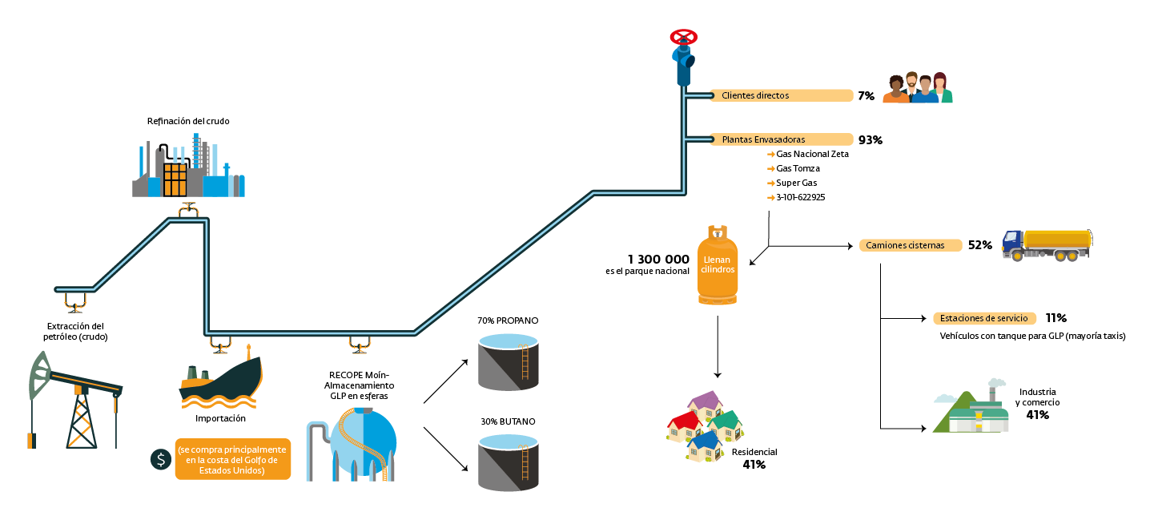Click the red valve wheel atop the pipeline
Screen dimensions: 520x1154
(x=683, y=37)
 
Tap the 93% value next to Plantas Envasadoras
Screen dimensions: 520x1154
(x=870, y=139)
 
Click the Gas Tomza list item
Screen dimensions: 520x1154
(x=798, y=168)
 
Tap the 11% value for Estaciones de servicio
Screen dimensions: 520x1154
(x=1055, y=318)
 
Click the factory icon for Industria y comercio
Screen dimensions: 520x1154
(x=971, y=409)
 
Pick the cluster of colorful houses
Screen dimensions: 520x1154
(x=705, y=426)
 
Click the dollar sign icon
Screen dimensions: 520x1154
(x=161, y=459)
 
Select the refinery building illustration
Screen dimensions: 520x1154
(x=189, y=167)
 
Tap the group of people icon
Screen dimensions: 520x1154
(x=918, y=88)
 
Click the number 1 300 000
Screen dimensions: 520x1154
(x=658, y=259)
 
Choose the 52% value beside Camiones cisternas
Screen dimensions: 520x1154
(x=980, y=245)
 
